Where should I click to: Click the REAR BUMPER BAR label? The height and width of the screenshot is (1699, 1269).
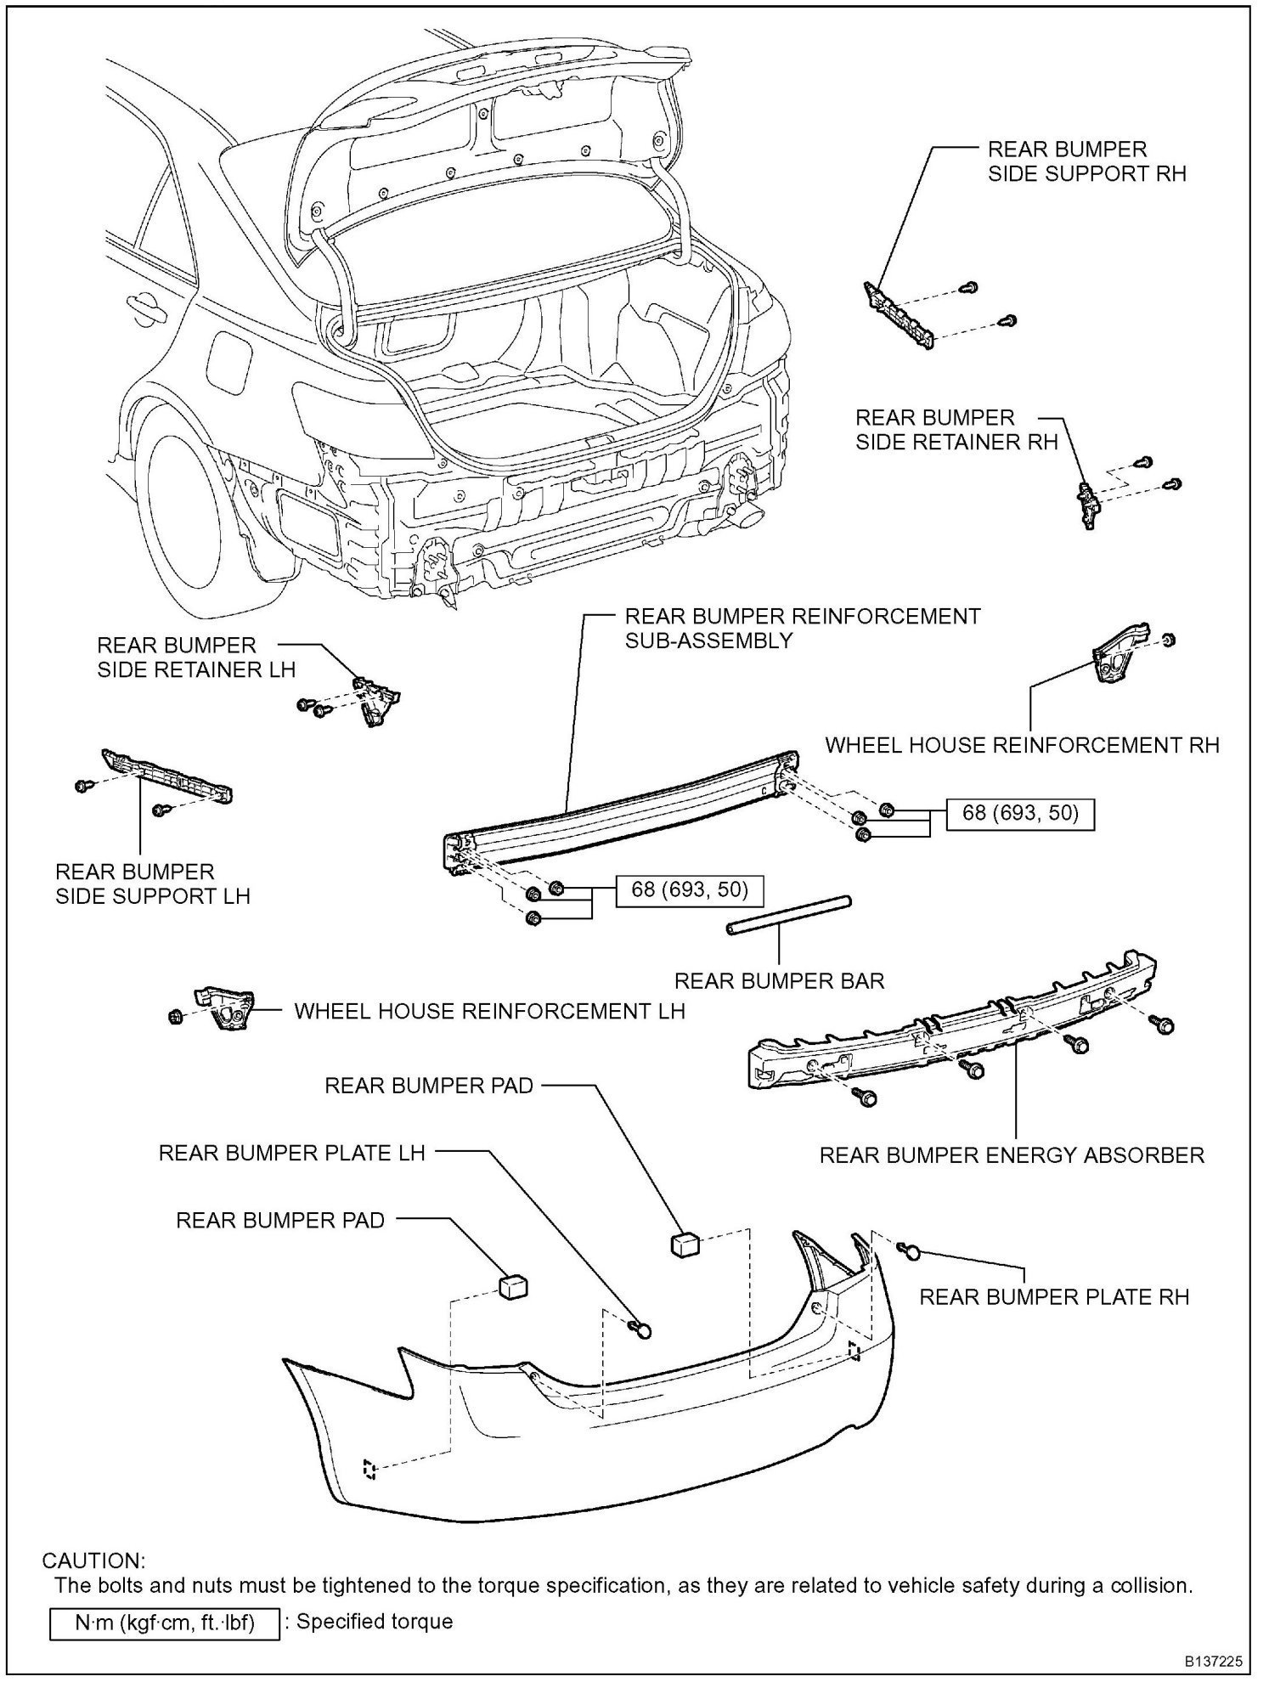779,981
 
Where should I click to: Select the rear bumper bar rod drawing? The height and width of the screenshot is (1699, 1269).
789,915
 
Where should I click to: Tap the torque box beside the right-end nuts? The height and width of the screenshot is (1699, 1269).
1021,813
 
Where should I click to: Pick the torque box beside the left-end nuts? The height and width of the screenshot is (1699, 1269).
689,889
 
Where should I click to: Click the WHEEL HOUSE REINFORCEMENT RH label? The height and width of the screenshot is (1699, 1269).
1022,745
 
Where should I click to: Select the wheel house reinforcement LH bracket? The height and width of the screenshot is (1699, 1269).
225,1008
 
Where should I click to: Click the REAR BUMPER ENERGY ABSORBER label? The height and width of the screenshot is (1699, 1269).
1012,1155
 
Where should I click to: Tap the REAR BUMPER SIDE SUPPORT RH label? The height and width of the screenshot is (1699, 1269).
1086,161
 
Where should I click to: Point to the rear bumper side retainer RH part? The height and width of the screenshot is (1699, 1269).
1088,504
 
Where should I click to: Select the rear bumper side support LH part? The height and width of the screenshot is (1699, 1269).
166,775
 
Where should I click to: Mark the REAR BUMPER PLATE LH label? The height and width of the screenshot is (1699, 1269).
291,1153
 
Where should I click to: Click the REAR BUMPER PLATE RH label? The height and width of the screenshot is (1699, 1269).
1054,1297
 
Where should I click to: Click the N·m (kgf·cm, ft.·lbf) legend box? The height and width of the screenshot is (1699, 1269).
165,1623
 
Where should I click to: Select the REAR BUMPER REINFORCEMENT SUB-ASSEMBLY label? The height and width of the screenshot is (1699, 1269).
802,628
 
